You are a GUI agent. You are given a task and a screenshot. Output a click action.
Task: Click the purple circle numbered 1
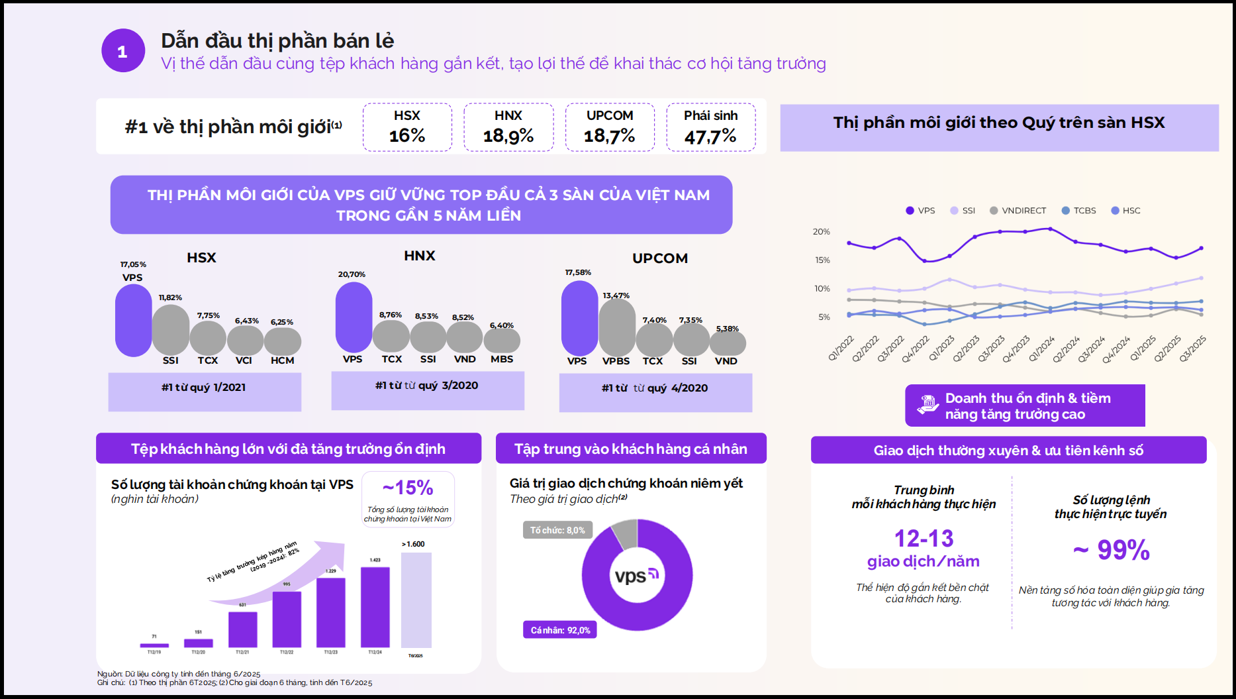123,51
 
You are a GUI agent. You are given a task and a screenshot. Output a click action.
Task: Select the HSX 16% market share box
407,127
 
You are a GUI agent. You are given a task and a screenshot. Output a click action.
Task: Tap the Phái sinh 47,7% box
710,127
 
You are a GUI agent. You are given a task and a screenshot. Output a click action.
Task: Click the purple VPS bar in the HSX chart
133,320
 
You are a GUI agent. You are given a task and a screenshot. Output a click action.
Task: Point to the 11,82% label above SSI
170,297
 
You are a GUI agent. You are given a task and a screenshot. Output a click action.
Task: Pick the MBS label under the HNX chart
502,359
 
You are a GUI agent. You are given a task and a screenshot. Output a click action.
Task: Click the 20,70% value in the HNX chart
352,274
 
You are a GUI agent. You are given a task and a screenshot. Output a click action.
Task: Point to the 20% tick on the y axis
821,232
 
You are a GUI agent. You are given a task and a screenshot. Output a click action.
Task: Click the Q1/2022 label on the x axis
841,349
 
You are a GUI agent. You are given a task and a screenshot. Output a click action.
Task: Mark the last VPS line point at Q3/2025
1201,248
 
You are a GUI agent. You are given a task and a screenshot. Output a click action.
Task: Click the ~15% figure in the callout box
408,488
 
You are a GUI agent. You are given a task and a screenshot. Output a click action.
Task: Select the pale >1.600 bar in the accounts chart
416,600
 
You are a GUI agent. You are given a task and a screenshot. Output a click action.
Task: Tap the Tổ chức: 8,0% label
557,530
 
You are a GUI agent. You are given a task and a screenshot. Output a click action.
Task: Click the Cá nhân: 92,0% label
560,630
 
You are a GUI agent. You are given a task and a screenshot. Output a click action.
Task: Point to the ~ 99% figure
1112,550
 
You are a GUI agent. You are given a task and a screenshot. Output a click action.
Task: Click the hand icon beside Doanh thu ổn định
927,404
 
